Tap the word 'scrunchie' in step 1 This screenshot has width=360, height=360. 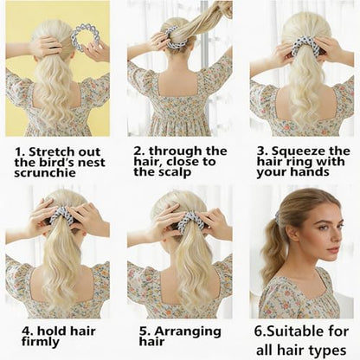pos(45,173)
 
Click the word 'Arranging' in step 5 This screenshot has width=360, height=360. pos(188,331)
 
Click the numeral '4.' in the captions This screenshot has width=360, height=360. pos(27,331)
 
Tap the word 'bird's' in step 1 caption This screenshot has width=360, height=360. pos(54,163)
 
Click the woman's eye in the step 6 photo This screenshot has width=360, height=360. pos(323,227)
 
